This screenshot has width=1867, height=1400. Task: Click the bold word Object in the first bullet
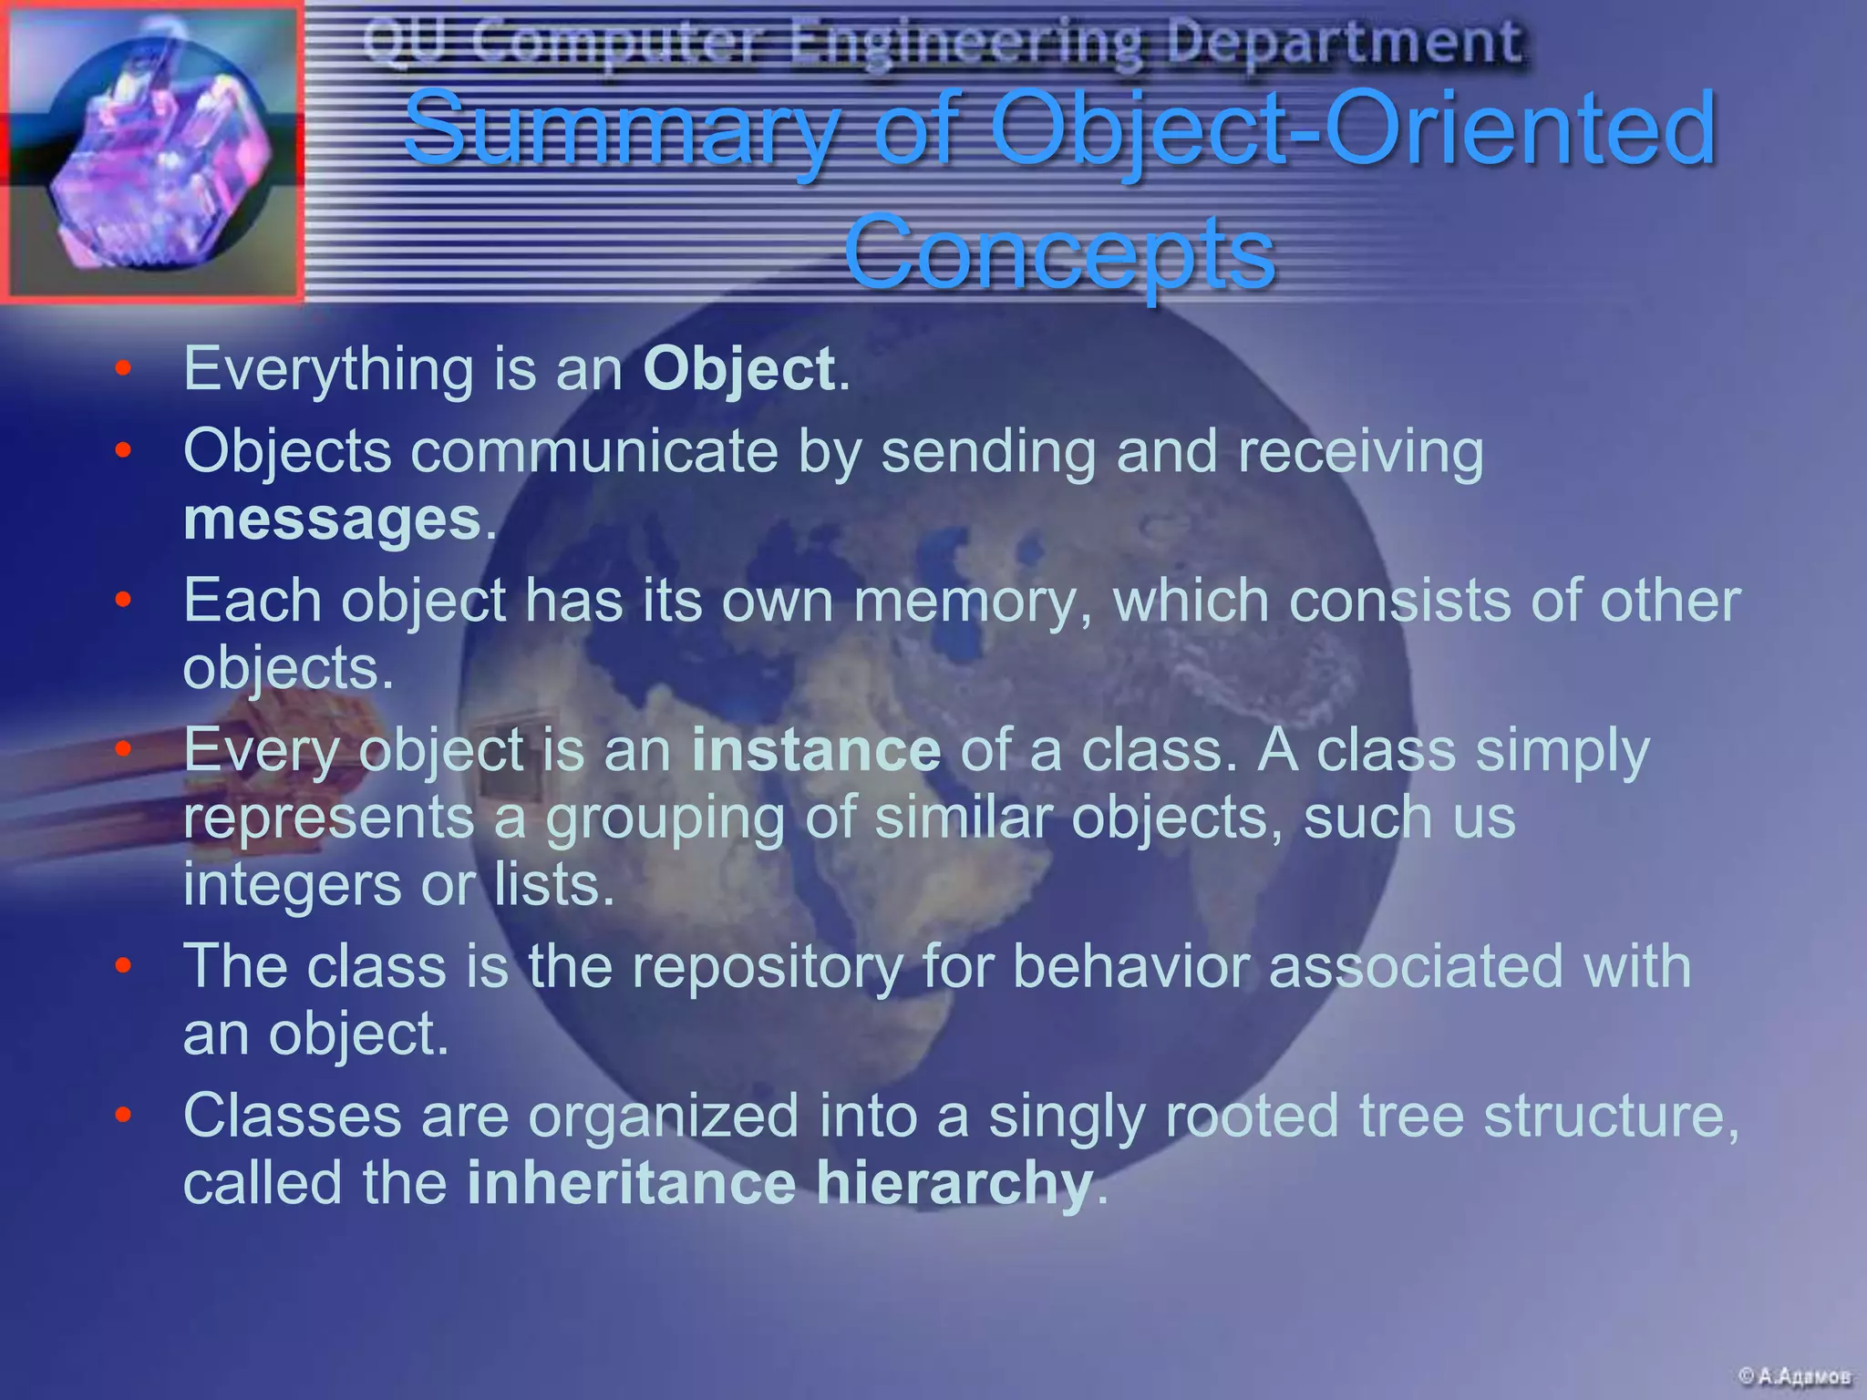738,370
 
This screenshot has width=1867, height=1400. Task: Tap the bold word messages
332,520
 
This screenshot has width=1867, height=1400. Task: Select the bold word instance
816,751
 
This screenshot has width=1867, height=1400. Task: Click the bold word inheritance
632,1183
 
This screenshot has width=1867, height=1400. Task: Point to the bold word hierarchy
954,1183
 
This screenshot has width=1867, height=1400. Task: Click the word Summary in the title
620,129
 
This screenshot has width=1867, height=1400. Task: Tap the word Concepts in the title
1058,253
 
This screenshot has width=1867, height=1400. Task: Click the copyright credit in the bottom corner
1794,1376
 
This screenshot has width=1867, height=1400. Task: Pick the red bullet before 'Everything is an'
124,370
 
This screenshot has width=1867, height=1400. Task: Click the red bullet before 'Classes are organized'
124,1116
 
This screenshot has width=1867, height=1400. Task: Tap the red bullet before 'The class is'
124,966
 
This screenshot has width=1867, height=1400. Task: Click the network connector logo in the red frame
151,151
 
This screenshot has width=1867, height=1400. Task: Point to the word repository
768,966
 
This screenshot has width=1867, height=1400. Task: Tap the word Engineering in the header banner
965,42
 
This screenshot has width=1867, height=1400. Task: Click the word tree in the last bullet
1409,1116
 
